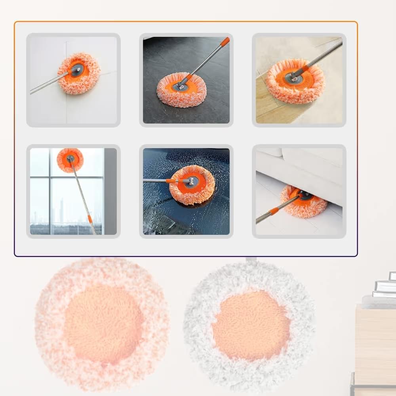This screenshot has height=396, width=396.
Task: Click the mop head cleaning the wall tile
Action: point(79,73)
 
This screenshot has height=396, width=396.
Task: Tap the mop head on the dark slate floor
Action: point(181,90)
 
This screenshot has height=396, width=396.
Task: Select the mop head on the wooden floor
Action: point(295,81)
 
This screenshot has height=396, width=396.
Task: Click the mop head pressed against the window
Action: point(70,160)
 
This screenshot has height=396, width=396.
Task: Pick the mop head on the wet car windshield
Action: point(192,185)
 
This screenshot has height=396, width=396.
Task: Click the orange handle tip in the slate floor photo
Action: point(225,41)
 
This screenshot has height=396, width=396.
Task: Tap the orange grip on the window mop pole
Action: point(89,219)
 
